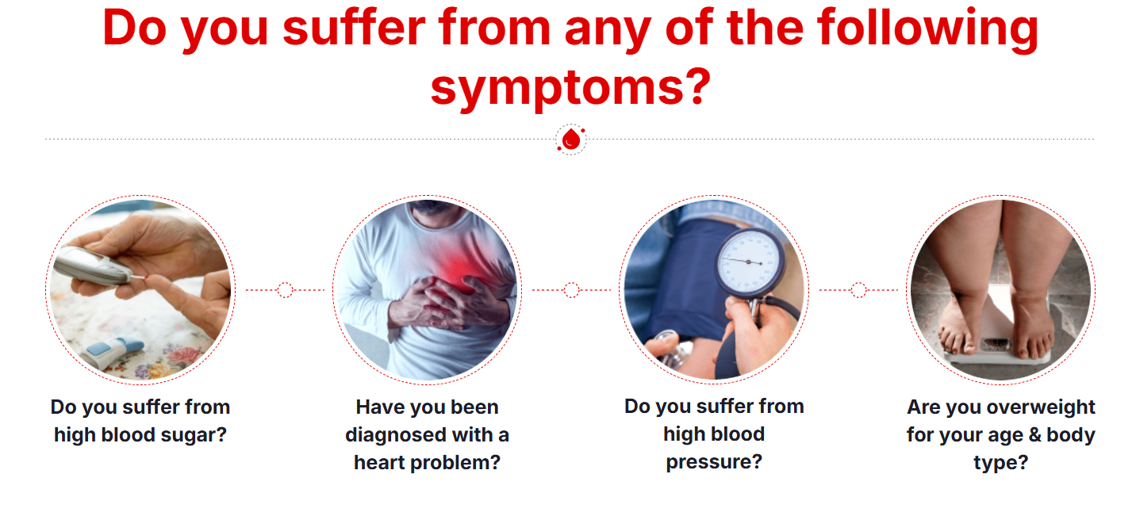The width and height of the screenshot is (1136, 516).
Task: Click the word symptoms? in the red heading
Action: tap(570, 87)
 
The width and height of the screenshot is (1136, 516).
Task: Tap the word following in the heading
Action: tap(928, 29)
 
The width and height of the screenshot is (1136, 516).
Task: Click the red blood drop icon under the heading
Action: tap(571, 139)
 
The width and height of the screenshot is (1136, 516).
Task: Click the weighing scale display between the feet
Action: tap(996, 344)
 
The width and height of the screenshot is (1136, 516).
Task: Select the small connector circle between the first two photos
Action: tap(285, 290)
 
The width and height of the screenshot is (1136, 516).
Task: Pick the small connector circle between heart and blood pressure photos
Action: tap(571, 290)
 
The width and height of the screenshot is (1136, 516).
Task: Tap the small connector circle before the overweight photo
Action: tap(858, 290)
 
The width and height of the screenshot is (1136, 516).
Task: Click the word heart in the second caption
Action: tap(379, 462)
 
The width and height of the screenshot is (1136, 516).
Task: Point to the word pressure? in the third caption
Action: tap(714, 462)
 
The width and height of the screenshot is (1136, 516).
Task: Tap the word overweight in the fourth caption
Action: tap(1041, 407)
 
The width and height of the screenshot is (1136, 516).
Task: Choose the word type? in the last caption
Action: tap(1000, 463)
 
